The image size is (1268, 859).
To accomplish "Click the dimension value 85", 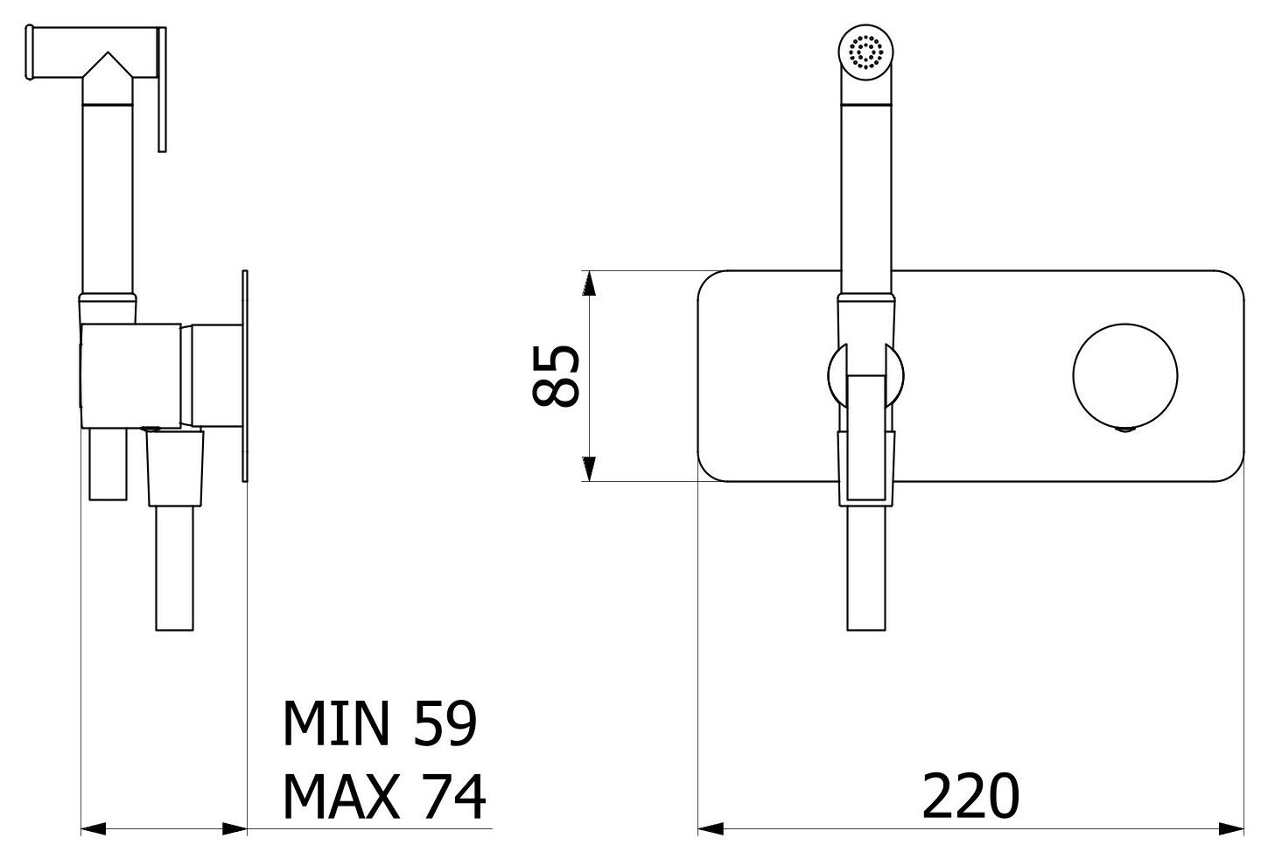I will (557, 375).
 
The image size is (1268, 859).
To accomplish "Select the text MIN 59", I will (379, 723).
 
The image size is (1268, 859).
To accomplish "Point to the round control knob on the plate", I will (1125, 375).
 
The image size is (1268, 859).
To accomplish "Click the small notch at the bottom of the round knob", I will (1126, 428).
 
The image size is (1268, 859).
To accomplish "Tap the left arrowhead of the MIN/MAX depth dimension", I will (93, 828).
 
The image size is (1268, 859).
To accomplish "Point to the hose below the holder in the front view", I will (867, 569).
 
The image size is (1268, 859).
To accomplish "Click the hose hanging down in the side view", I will (175, 569).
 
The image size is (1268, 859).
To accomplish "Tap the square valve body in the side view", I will (131, 375).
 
